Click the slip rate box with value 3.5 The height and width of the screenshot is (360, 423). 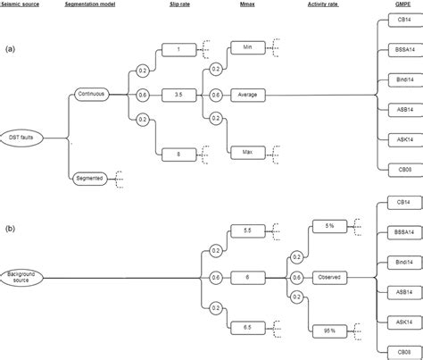(x=180, y=92)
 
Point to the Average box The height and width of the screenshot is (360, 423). (x=249, y=92)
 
